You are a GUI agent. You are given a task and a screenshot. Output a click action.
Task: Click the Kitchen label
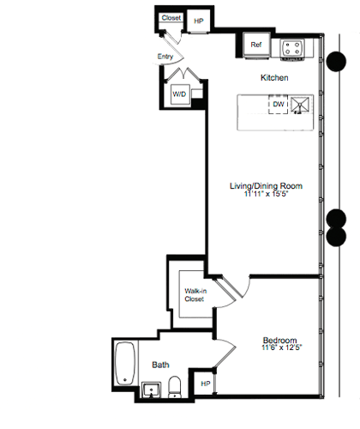click(273, 78)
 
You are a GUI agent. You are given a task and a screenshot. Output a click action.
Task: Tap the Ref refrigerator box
click(256, 45)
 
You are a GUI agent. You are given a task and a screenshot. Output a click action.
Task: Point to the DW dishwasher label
click(278, 105)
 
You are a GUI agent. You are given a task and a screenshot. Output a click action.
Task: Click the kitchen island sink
click(299, 105)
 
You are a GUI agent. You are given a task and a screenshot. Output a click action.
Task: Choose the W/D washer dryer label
click(181, 94)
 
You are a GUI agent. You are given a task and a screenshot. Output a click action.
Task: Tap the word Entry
click(166, 57)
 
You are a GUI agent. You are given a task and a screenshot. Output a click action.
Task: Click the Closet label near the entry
click(171, 17)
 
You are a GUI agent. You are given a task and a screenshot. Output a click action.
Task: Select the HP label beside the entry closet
click(199, 21)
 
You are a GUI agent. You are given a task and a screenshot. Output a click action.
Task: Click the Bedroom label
click(279, 340)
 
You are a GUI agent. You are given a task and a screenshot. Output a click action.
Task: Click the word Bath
click(160, 365)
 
